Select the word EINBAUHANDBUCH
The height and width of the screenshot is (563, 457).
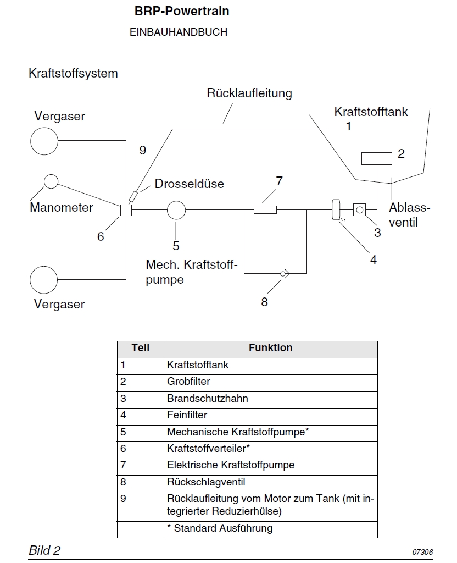point(178,32)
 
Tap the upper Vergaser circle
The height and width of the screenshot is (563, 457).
point(44,141)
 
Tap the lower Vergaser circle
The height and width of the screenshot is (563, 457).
point(44,280)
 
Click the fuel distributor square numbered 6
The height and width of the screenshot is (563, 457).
point(126,209)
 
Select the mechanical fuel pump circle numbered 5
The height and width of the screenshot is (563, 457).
point(176,209)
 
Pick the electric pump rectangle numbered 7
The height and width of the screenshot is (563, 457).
point(265,209)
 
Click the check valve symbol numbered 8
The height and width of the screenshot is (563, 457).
point(285,273)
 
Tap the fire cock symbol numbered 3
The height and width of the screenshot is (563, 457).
point(360,209)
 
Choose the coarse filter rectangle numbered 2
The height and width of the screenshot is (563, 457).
point(377,158)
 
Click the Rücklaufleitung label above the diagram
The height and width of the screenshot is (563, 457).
point(249,93)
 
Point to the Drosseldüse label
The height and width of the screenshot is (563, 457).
point(190,184)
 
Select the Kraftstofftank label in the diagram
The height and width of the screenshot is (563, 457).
point(371,112)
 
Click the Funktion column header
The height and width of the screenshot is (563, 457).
point(270,348)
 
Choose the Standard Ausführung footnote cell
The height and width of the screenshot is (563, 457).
point(220,528)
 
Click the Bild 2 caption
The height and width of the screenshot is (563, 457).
point(44,550)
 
